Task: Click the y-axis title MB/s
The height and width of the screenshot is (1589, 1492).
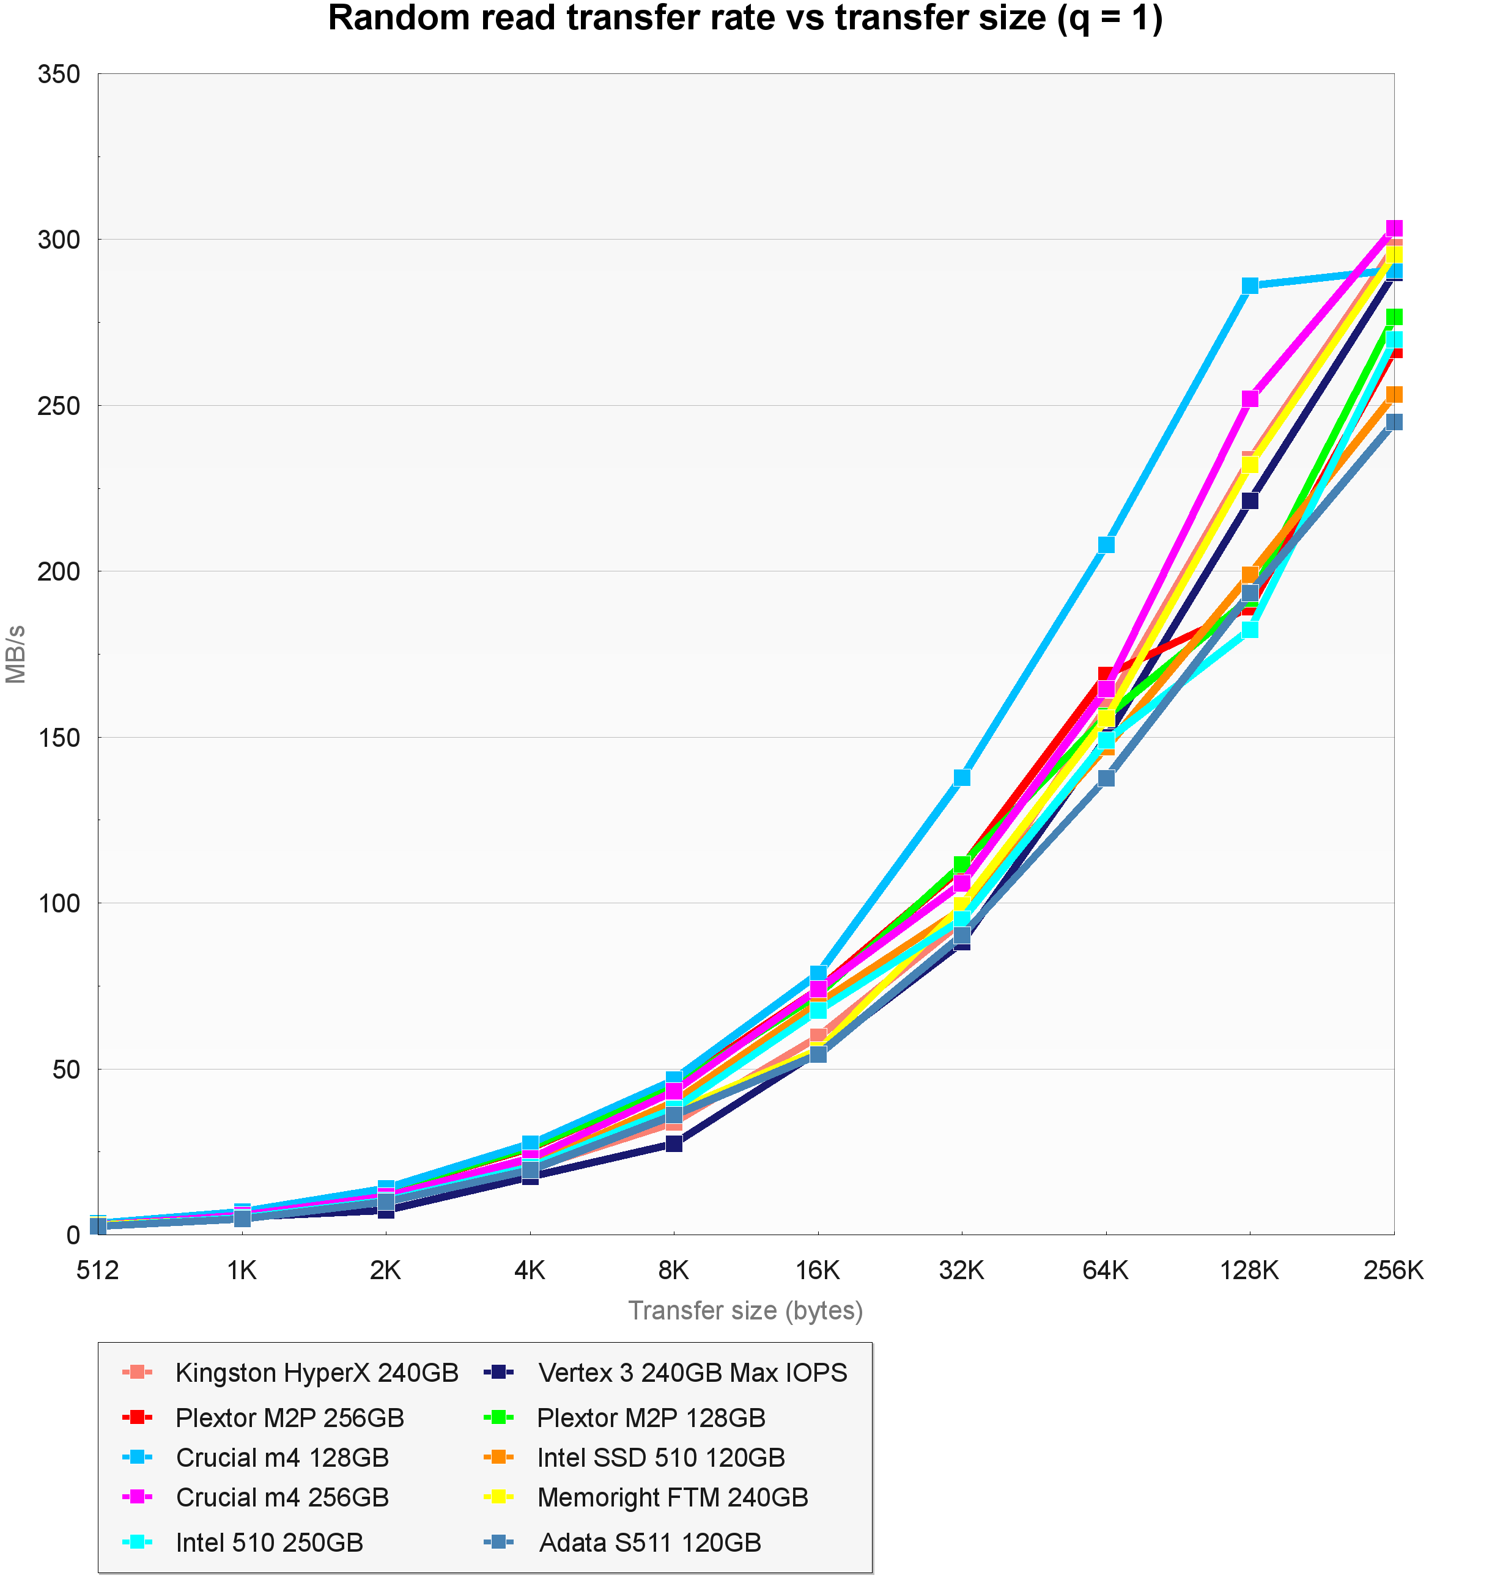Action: tap(16, 654)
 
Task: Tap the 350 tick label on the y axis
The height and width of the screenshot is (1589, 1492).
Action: tap(59, 75)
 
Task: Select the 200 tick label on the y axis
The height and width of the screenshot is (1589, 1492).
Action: tap(59, 571)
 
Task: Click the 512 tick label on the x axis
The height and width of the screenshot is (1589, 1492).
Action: tap(98, 1270)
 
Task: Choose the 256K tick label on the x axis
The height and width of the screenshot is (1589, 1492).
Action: tap(1393, 1270)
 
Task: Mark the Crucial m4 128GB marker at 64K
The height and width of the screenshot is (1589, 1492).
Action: tap(1106, 545)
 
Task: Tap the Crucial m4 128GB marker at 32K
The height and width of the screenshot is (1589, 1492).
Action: tap(962, 777)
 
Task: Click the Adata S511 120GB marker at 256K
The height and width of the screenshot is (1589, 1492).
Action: tap(1394, 422)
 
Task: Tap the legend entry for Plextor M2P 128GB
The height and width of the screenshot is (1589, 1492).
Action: tap(651, 1418)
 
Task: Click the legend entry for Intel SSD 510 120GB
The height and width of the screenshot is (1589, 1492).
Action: tap(661, 1457)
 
